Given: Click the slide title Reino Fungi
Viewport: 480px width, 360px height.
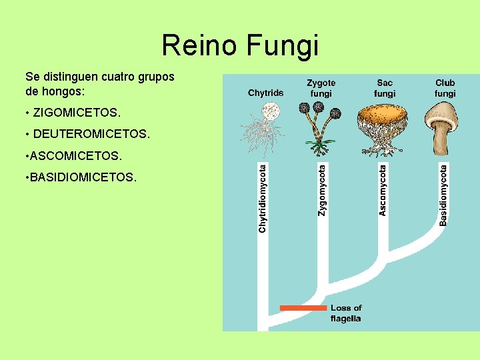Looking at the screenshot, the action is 240,46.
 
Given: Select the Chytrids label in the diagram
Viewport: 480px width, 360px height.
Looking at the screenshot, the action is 265,93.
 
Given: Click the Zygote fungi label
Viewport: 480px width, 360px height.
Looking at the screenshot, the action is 321,88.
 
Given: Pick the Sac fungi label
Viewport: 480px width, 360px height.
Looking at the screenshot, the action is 385,88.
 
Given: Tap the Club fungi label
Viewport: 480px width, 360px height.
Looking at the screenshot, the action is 445,88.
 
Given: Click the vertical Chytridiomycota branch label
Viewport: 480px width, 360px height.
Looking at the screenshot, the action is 263,199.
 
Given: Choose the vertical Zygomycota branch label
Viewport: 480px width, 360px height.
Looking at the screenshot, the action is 322,191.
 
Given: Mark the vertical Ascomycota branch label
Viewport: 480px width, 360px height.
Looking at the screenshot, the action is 383,191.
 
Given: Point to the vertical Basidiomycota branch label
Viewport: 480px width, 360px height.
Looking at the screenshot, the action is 443,195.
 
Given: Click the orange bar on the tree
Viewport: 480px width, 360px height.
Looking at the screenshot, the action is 303,308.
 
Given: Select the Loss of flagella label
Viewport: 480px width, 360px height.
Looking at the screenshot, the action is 345,313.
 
